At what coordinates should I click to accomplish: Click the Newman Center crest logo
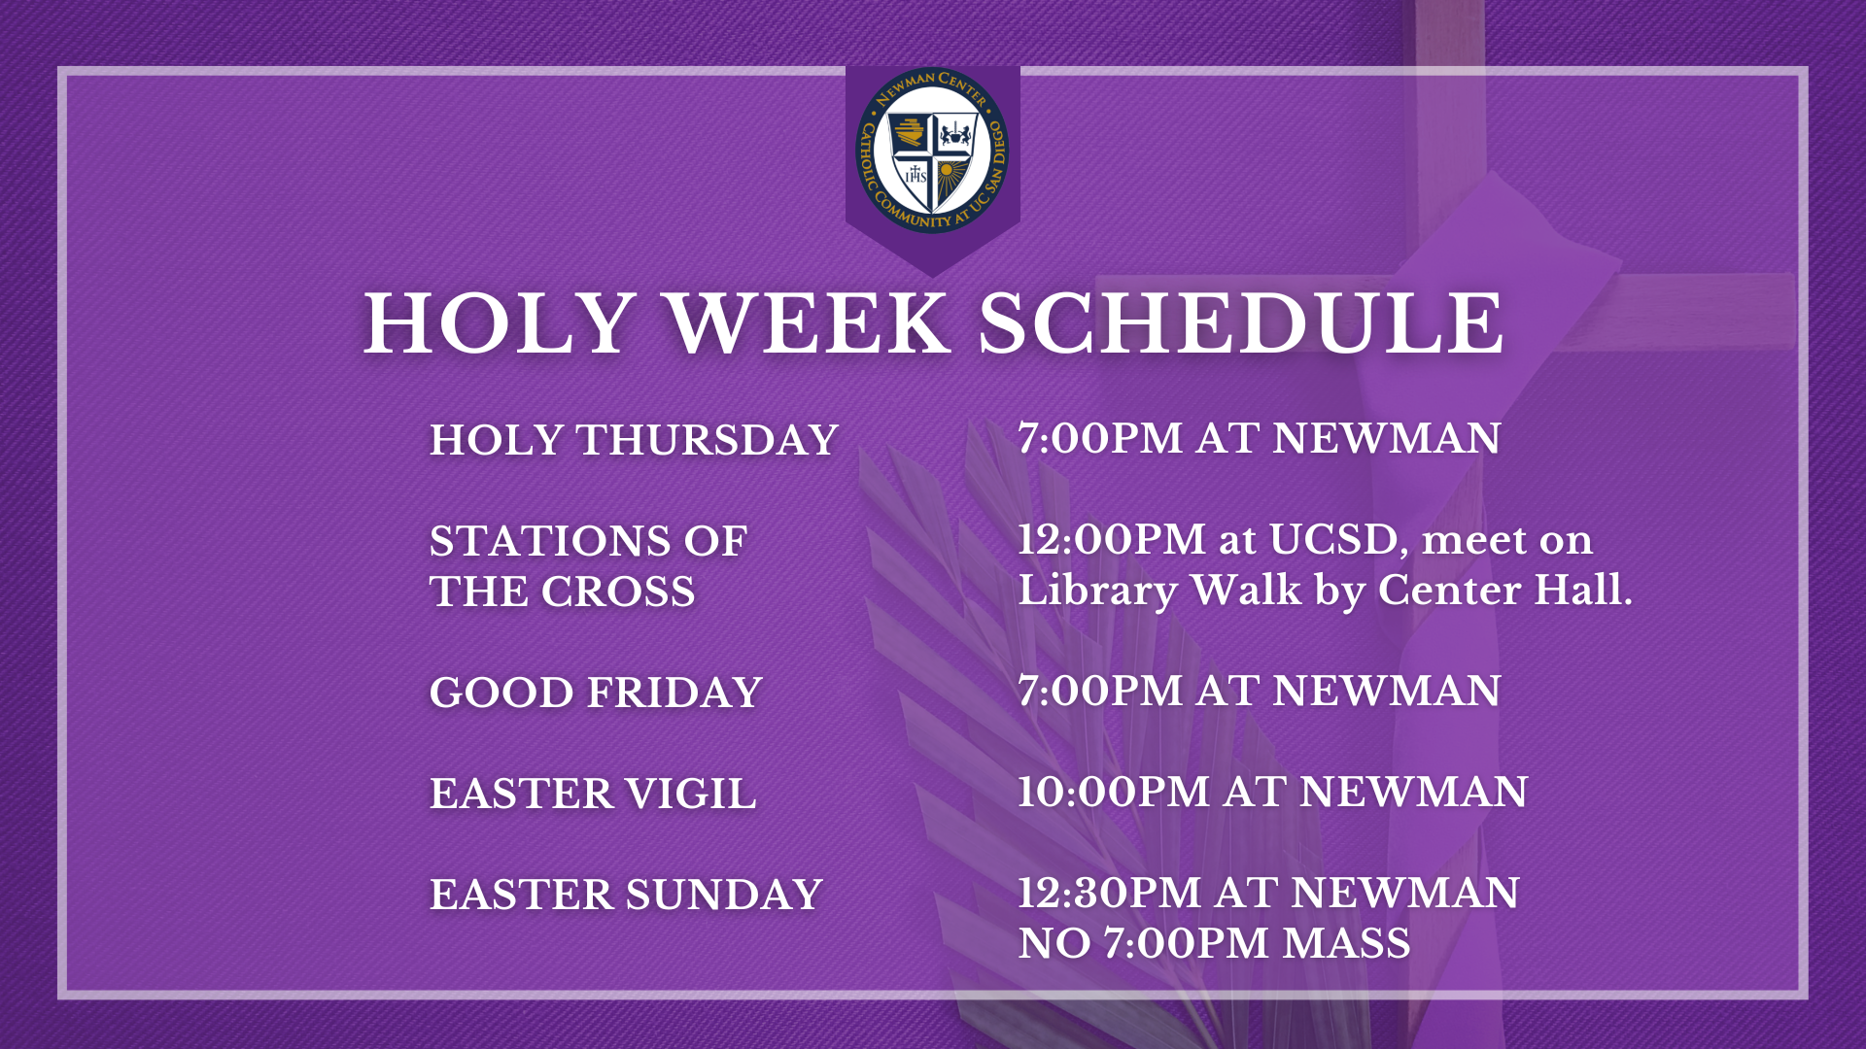click(932, 151)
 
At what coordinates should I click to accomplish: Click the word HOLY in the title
click(500, 323)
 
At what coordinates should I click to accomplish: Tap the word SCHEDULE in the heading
click(1241, 323)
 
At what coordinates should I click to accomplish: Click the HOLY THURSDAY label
click(634, 440)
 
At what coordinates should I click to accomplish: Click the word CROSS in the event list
click(618, 592)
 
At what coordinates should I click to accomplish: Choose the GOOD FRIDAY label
click(596, 693)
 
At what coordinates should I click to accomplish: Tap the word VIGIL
click(690, 794)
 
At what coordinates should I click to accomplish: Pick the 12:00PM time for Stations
click(1112, 539)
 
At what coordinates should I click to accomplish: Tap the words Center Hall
click(1505, 590)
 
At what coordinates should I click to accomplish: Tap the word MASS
click(1346, 943)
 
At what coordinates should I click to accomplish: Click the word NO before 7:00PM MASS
click(1054, 943)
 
